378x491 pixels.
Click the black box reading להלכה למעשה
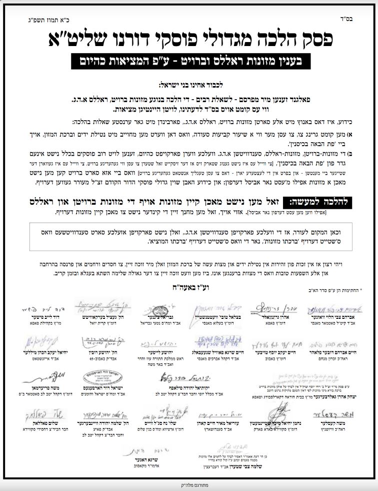(319, 202)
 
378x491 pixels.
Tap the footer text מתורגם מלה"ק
(189, 485)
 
